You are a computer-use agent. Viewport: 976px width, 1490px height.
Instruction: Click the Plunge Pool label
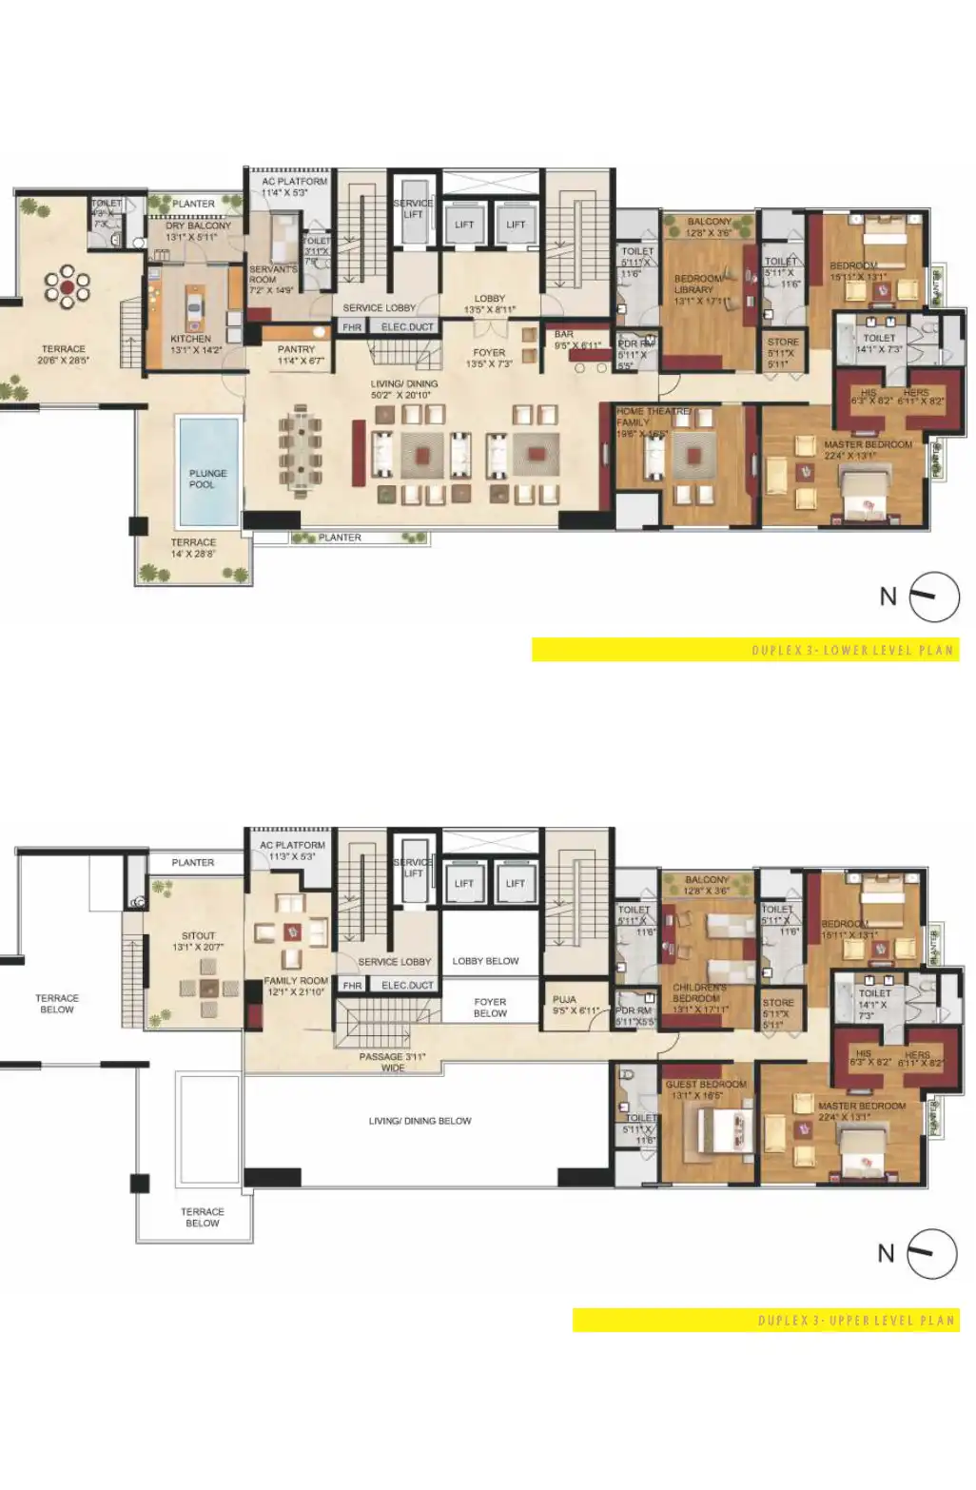point(207,479)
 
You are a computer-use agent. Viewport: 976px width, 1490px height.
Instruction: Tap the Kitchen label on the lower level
point(191,339)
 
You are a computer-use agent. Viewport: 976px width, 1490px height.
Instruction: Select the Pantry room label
point(296,349)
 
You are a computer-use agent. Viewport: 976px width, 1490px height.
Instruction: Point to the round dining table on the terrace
point(68,286)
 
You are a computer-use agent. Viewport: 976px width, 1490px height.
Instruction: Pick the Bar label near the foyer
point(564,335)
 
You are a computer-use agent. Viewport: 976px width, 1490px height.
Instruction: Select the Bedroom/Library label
point(696,284)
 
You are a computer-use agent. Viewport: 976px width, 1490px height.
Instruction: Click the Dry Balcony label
point(198,226)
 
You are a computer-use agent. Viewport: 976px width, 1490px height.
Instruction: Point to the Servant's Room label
point(272,275)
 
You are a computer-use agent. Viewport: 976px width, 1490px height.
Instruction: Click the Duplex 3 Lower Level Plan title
point(851,651)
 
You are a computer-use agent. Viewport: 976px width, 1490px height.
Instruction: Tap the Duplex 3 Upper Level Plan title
point(855,1321)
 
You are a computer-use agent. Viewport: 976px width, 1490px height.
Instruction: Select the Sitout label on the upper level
point(198,936)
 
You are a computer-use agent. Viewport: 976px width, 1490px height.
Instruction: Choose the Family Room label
point(296,981)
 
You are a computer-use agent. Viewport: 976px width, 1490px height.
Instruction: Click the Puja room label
point(564,1000)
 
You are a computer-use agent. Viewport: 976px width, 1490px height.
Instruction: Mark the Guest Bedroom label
point(706,1085)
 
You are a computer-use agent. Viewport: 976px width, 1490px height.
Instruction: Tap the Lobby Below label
point(485,961)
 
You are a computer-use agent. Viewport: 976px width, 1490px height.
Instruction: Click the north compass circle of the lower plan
point(934,597)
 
